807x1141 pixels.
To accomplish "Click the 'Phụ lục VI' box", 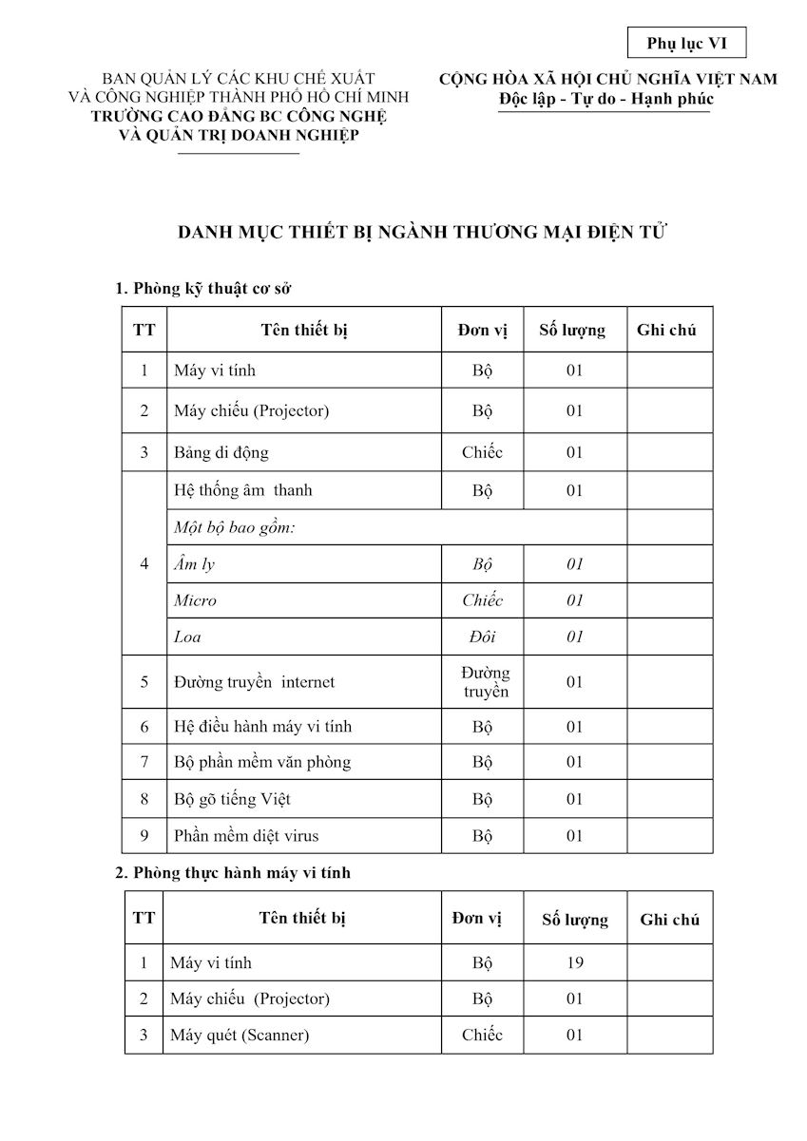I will pos(686,44).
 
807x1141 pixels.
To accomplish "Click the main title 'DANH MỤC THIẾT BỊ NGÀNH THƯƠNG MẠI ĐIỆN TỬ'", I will pos(416,233).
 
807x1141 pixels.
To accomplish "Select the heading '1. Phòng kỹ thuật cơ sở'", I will pos(209,287).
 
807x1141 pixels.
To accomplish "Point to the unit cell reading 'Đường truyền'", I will pos(486,681).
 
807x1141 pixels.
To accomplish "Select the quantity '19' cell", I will pos(574,962).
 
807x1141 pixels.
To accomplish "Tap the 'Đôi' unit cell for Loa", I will pos(482,637).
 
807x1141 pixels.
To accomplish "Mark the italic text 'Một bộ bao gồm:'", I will pos(234,527).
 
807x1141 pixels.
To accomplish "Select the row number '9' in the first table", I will pos(144,836).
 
